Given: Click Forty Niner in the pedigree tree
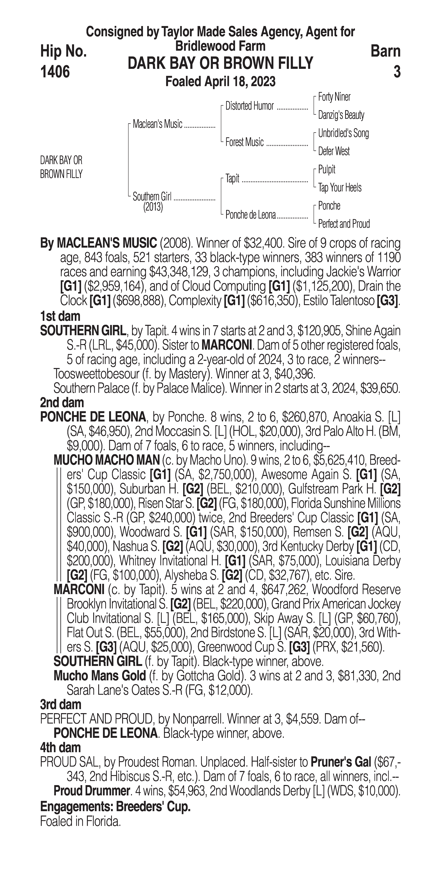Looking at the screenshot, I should (x=334, y=97).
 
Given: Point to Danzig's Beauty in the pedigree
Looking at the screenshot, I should (x=341, y=115).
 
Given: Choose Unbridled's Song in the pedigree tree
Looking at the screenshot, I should (x=343, y=133).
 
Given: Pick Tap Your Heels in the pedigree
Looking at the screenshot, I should (x=340, y=188).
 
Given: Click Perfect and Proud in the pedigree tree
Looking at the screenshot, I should (x=344, y=224).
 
